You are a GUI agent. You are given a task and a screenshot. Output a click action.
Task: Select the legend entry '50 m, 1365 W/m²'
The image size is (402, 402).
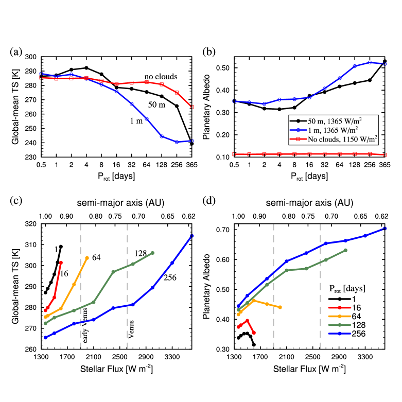[332, 120]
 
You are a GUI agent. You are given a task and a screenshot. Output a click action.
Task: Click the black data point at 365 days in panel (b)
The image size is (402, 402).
[384, 62]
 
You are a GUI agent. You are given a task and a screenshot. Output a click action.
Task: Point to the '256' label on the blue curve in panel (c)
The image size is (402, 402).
[170, 278]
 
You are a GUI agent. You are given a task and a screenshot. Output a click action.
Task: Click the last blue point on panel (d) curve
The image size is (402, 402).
[384, 229]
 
